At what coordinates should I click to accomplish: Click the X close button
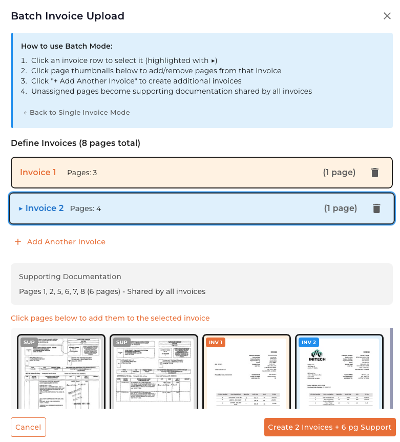pyautogui.click(x=387, y=16)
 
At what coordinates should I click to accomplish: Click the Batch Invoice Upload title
pyautogui.click(x=68, y=16)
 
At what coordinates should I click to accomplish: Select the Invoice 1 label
pyautogui.click(x=38, y=172)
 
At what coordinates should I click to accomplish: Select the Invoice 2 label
pyautogui.click(x=44, y=208)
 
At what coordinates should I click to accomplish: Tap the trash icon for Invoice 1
pyautogui.click(x=375, y=173)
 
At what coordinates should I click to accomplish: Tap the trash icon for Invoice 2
pyautogui.click(x=376, y=208)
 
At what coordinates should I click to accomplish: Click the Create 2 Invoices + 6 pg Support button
pyautogui.click(x=330, y=427)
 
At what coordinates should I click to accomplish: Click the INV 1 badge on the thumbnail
pyautogui.click(x=216, y=342)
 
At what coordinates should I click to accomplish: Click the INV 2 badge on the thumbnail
pyautogui.click(x=309, y=342)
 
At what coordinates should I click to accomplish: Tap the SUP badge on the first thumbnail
pyautogui.click(x=29, y=342)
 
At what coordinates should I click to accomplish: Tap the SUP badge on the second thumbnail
pyautogui.click(x=122, y=342)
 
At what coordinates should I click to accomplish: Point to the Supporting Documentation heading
pyautogui.click(x=70, y=277)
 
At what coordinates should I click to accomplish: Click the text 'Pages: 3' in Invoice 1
pyautogui.click(x=82, y=173)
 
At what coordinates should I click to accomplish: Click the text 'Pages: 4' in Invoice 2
pyautogui.click(x=86, y=208)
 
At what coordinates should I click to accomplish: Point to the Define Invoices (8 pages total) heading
pyautogui.click(x=75, y=143)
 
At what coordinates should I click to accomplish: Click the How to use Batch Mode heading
pyautogui.click(x=67, y=46)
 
